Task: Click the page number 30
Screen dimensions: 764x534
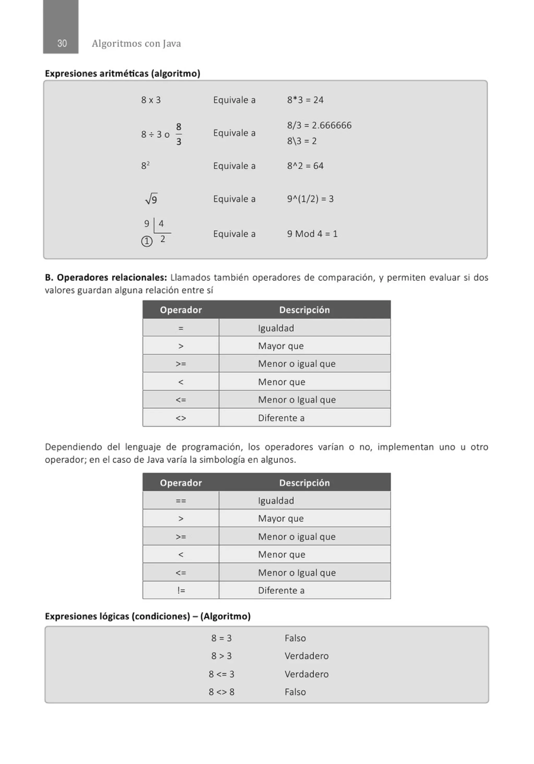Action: [62, 43]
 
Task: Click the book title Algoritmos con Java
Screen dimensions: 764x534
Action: [136, 44]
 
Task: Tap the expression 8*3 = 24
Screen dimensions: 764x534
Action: [305, 100]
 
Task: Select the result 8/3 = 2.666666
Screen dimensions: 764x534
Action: [319, 125]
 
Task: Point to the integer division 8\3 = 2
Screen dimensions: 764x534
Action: [302, 141]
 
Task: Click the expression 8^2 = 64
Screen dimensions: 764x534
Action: [305, 166]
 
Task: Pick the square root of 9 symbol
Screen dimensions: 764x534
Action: [151, 199]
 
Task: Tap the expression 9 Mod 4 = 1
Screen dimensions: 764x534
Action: [312, 234]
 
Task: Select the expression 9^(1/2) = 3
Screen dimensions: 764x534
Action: [310, 199]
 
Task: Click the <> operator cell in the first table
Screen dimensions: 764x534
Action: [181, 418]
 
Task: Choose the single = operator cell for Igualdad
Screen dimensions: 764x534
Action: [181, 328]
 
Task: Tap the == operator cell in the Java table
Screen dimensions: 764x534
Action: [181, 500]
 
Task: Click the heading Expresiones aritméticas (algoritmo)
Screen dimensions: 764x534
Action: [123, 73]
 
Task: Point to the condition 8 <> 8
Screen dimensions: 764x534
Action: [221, 692]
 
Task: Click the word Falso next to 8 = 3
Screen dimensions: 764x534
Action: [295, 638]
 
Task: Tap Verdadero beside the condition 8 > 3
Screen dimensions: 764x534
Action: [306, 656]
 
